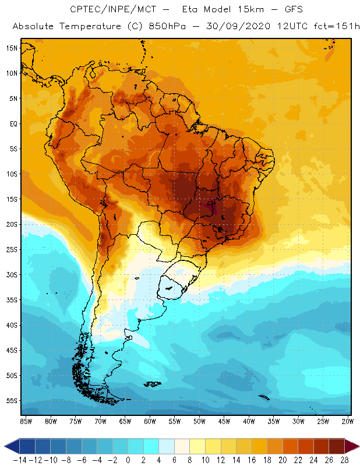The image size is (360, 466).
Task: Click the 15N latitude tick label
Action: click(x=12, y=48)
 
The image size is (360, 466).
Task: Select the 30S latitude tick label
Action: click(x=12, y=274)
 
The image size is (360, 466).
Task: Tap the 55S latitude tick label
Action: click(x=12, y=401)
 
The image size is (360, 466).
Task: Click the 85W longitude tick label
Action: click(x=26, y=421)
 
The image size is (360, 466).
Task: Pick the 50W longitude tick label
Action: click(x=200, y=421)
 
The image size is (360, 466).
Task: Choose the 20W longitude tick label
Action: click(x=348, y=421)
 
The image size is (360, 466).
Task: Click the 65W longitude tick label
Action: click(x=125, y=421)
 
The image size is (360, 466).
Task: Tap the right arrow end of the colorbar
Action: click(x=352, y=446)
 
